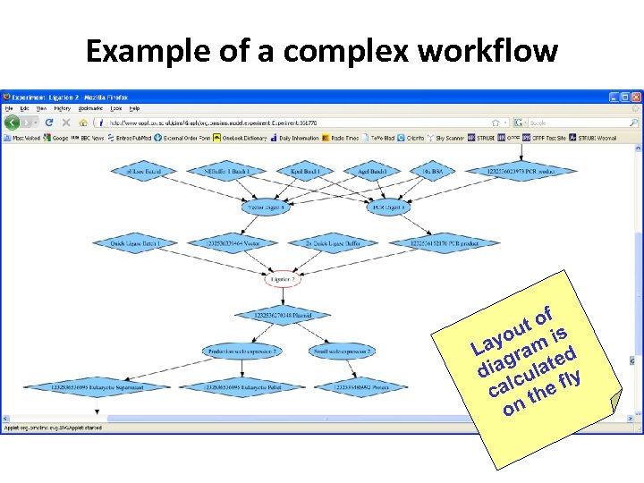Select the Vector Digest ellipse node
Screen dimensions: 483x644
[x=265, y=207]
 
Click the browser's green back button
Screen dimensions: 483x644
[x=13, y=123]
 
